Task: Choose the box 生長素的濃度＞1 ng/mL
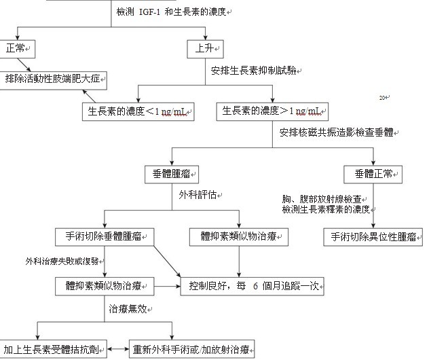coord(271,111)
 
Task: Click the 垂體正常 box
coord(373,174)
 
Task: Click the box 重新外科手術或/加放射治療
coord(192,348)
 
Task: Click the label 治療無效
coord(128,308)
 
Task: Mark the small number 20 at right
coord(382,98)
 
